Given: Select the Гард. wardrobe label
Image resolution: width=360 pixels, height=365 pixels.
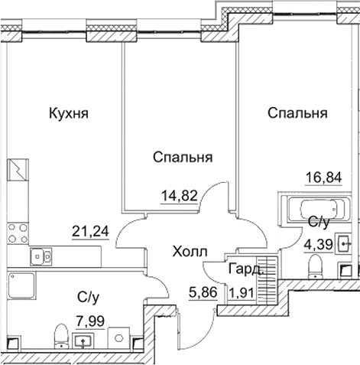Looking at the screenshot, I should pos(245,269).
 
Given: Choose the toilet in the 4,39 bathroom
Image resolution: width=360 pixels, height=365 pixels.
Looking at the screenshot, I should pos(313,267).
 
